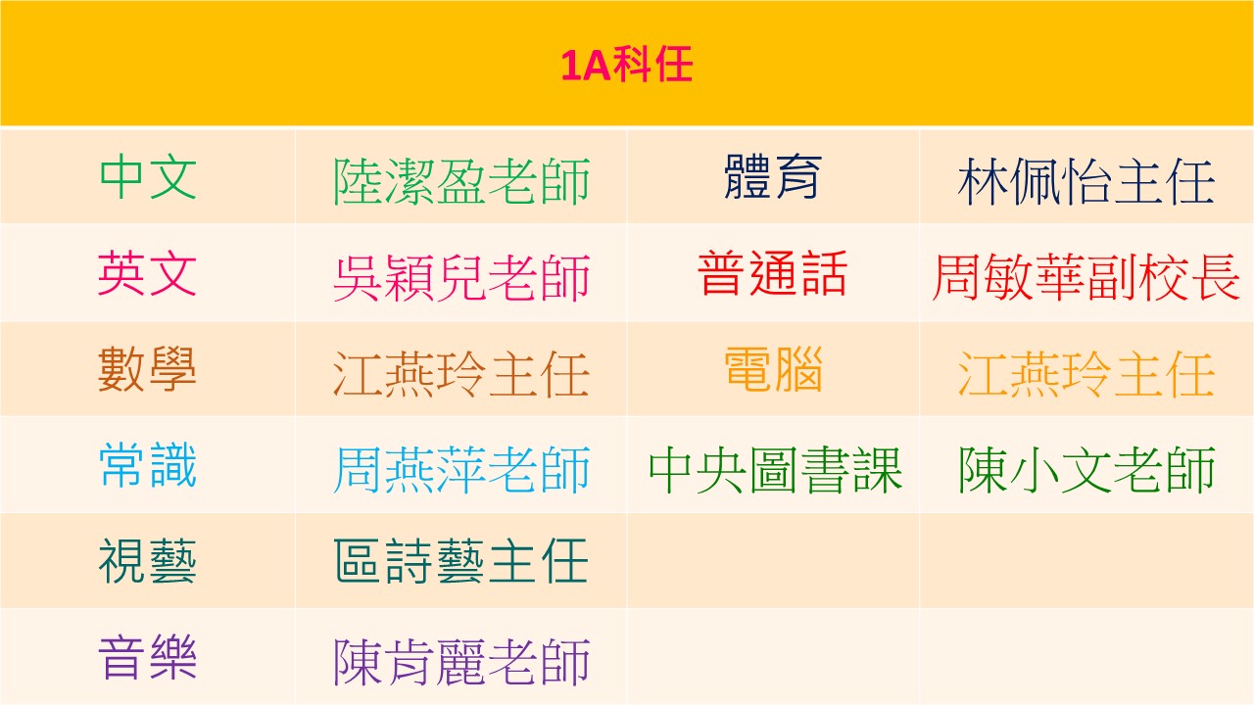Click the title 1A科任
pyautogui.click(x=627, y=65)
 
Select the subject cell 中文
pyautogui.click(x=148, y=177)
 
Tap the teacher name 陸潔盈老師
pyautogui.click(x=461, y=181)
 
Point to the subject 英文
pyautogui.click(x=148, y=273)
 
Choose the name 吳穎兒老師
pyautogui.click(x=461, y=278)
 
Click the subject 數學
pyautogui.click(x=148, y=369)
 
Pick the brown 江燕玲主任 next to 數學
pyautogui.click(x=460, y=374)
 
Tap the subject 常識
pyautogui.click(x=148, y=465)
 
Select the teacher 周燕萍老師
pyautogui.click(x=461, y=470)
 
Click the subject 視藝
pyautogui.click(x=148, y=562)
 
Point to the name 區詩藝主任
pyautogui.click(x=460, y=561)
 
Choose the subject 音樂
pyautogui.click(x=148, y=658)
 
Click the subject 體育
pyautogui.click(x=773, y=177)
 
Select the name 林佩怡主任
pyautogui.click(x=1086, y=181)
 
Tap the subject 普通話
pyautogui.click(x=773, y=273)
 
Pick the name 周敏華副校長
pyautogui.click(x=1086, y=277)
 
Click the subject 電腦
pyautogui.click(x=773, y=369)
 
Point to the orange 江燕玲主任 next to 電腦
pyautogui.click(x=1086, y=374)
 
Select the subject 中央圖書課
pyautogui.click(x=775, y=470)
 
